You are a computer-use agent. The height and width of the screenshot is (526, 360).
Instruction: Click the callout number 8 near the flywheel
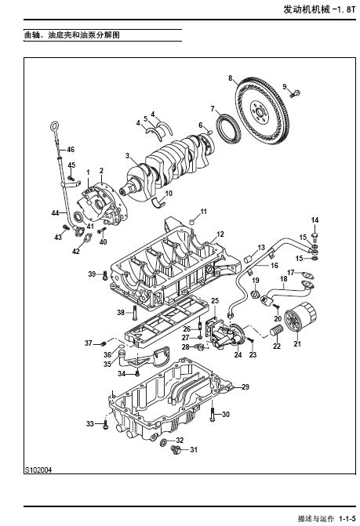click(x=230, y=78)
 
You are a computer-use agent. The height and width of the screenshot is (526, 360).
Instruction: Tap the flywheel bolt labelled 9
click(x=295, y=94)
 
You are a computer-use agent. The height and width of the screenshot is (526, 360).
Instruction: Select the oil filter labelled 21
click(x=300, y=317)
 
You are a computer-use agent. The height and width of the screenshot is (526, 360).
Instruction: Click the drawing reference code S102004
click(x=38, y=470)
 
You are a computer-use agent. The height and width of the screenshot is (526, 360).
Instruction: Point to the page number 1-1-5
click(x=347, y=518)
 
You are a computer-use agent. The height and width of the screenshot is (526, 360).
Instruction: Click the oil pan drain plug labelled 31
click(x=176, y=449)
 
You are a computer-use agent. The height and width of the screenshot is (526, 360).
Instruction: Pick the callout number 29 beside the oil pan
click(x=245, y=386)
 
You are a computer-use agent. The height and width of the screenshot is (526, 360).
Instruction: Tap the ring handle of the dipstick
click(x=55, y=127)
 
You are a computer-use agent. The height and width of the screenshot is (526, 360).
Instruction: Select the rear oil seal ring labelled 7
click(x=229, y=129)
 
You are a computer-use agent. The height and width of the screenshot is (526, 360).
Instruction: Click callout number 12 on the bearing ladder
click(x=220, y=234)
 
